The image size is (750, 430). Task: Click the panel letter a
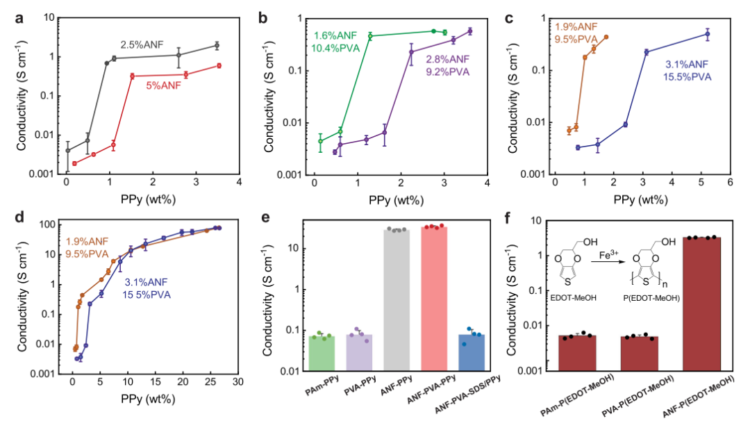[19, 19]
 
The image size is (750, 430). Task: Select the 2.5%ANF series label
[142, 45]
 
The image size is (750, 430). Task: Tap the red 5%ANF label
[164, 86]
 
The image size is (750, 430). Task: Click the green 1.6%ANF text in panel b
[335, 36]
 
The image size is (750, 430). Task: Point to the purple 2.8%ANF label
[448, 59]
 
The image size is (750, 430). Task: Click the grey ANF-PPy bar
[397, 300]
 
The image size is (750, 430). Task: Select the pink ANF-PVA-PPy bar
[434, 299]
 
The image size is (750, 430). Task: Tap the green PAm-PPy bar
[322, 354]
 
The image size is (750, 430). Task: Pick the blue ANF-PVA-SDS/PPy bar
[471, 352]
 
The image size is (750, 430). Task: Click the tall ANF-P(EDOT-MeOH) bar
[701, 304]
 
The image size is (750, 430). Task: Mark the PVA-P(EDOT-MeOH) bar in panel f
[639, 354]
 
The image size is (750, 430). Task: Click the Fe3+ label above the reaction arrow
[608, 254]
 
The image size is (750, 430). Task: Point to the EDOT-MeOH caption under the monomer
[573, 298]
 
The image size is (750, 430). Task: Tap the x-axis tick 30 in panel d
[237, 381]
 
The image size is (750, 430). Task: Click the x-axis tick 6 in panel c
[730, 183]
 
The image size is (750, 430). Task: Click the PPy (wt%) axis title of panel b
[396, 200]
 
